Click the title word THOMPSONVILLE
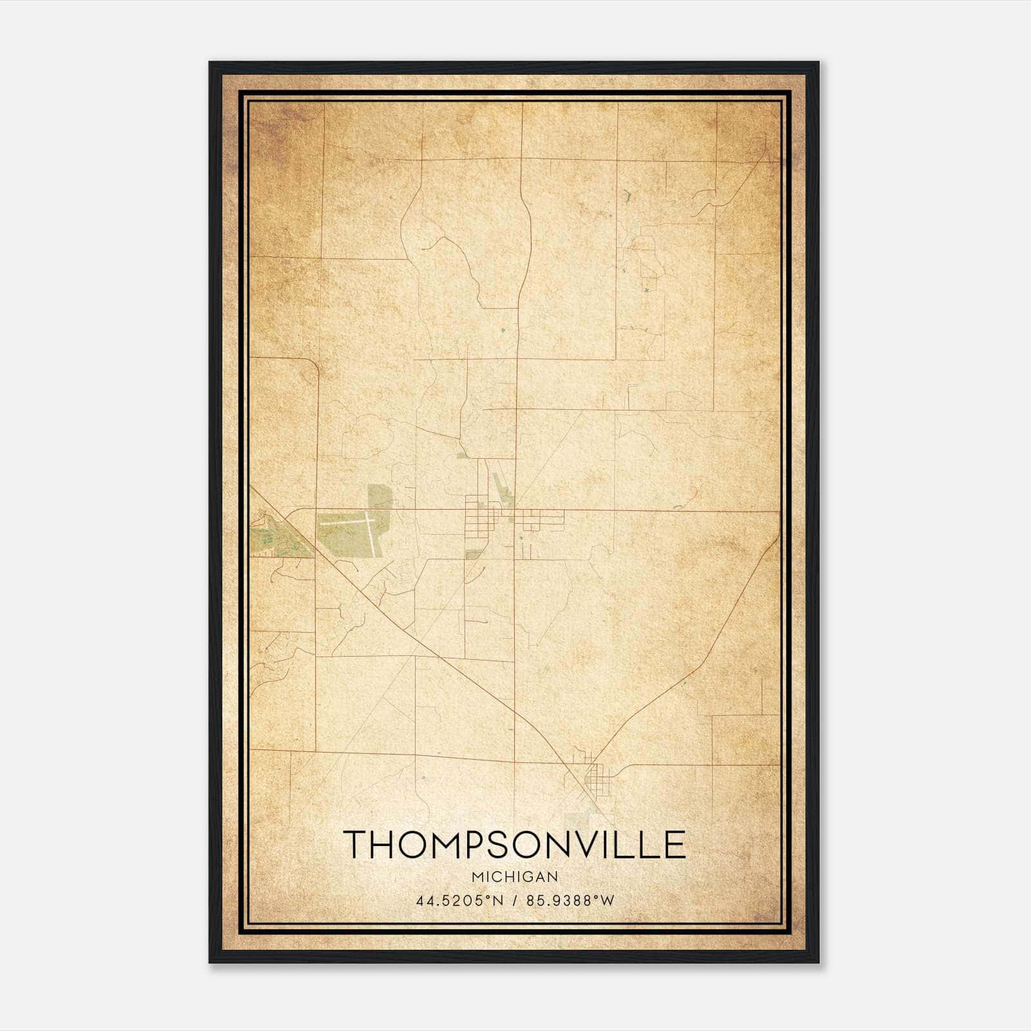point(514,845)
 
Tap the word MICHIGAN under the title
point(515,876)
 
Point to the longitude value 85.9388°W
point(571,901)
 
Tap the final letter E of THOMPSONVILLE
point(674,845)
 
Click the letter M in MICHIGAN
point(477,876)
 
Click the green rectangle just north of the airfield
point(380,497)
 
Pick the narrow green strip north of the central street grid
point(501,488)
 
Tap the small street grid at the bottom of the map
point(596,780)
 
